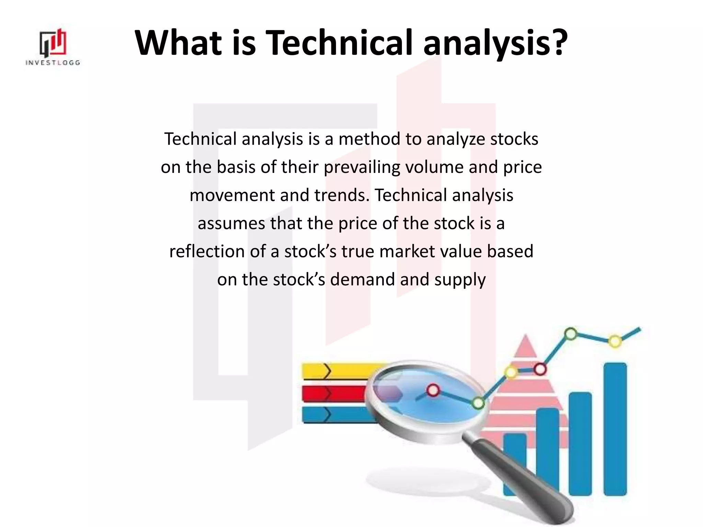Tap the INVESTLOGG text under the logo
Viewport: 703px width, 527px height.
coord(53,63)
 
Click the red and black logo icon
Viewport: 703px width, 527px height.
coord(53,43)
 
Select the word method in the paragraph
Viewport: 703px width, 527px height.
coord(369,139)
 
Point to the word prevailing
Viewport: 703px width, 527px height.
coord(362,167)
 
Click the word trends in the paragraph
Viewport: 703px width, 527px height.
coord(341,195)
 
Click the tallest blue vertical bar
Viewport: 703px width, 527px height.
coord(615,429)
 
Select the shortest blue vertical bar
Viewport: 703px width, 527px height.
coord(514,463)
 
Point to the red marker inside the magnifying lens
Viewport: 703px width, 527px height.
coord(433,390)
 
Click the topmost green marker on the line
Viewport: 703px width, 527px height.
coord(571,334)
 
